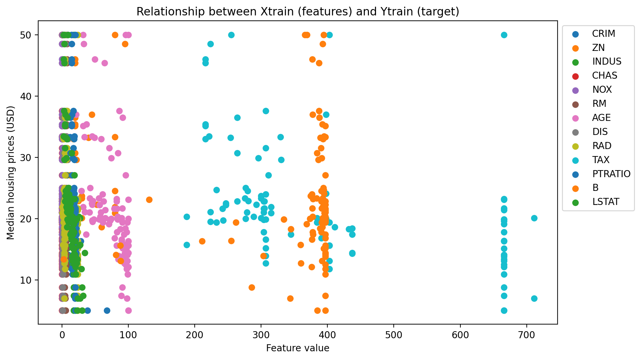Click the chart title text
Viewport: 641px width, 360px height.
pos(298,12)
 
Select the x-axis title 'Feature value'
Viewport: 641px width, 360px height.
pos(298,348)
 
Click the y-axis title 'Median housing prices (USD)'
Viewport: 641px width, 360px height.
pos(11,173)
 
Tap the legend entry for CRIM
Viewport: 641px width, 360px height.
pos(603,34)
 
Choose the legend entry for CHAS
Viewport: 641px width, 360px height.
pos(604,76)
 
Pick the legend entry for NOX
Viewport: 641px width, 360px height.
pos(602,90)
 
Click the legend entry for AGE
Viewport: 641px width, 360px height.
pos(601,118)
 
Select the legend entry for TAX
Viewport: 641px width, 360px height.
pos(601,160)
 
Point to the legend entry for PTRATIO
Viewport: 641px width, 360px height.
pos(611,174)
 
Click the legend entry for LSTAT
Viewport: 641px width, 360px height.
pos(605,202)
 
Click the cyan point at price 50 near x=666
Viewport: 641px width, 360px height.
pos(504,35)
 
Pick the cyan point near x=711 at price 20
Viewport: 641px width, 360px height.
pos(534,218)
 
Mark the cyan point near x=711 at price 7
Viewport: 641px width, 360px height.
pos(534,298)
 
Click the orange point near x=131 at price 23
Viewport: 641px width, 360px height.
pos(149,200)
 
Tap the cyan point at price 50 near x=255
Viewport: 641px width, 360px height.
pos(231,35)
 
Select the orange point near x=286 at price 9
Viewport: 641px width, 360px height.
pos(252,287)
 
